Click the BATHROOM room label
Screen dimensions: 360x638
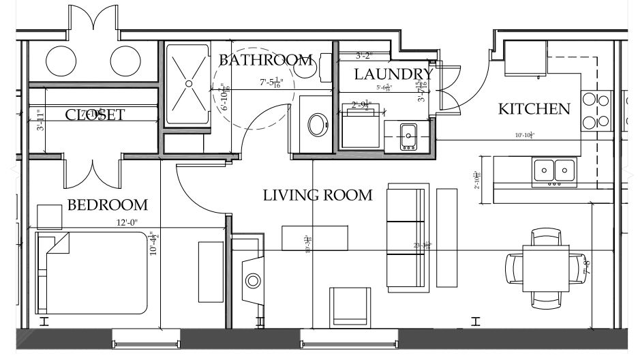pyautogui.click(x=266, y=60)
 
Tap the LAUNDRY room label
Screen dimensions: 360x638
pyautogui.click(x=393, y=74)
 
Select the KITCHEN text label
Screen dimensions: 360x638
pyautogui.click(x=534, y=109)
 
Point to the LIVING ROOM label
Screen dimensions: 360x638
pyautogui.click(x=318, y=196)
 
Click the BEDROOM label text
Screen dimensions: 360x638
pyautogui.click(x=108, y=205)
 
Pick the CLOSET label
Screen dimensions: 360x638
pyautogui.click(x=95, y=115)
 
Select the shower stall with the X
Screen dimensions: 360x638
pyautogui.click(x=189, y=84)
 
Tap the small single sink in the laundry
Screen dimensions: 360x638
pyautogui.click(x=409, y=135)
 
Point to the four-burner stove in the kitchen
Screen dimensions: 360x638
pyautogui.click(x=596, y=111)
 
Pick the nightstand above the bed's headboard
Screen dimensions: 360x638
pyautogui.click(x=50, y=216)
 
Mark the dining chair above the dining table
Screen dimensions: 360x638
pyautogui.click(x=548, y=236)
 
